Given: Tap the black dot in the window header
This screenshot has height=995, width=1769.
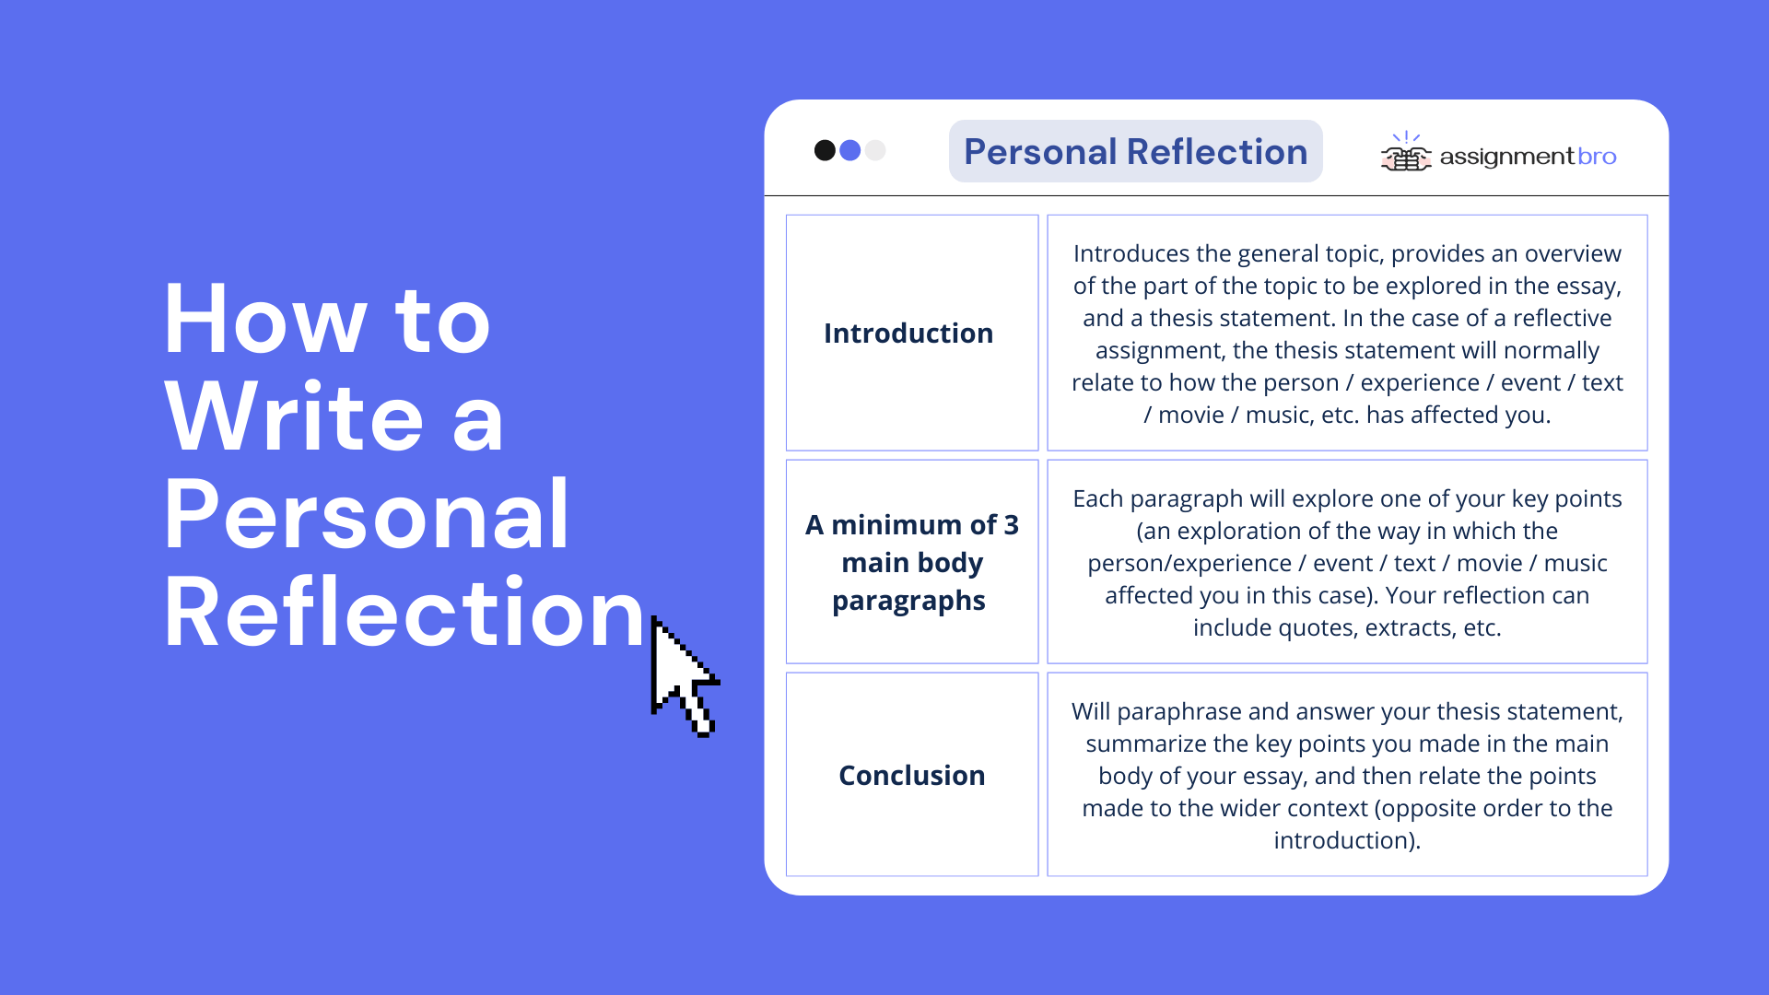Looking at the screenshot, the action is [825, 150].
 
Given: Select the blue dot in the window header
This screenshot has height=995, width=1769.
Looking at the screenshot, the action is [850, 150].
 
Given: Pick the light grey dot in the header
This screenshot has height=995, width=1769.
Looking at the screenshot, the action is [875, 150].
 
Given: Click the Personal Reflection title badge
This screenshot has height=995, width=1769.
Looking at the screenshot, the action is [1135, 151].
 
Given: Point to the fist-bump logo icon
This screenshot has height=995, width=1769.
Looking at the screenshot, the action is [1406, 153].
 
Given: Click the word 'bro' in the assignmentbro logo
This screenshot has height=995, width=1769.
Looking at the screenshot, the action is [1597, 157].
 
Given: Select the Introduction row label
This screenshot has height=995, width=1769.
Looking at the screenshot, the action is [908, 333].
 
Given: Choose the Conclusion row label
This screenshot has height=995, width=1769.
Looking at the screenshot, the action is [912, 775].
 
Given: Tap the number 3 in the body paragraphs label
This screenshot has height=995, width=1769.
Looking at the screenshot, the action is [1011, 524].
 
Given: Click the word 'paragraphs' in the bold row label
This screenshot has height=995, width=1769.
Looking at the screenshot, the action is [908, 602].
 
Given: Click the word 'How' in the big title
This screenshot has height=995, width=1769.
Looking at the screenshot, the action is [265, 320].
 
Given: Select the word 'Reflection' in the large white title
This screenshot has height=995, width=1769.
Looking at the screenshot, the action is [404, 612].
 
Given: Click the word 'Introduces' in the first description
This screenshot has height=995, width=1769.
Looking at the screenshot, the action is [1131, 253].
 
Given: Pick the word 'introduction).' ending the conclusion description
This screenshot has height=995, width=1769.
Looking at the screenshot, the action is [1347, 840].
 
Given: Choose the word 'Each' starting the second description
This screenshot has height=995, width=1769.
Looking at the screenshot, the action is [1098, 498].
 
